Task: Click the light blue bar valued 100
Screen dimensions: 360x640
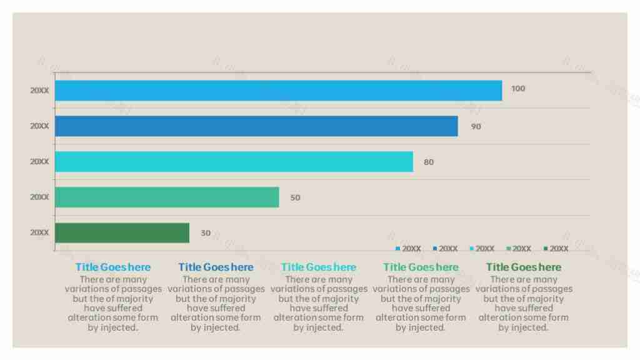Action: pos(278,91)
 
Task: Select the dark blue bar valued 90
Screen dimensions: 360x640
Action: pos(256,126)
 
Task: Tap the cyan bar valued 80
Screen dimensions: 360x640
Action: pos(234,162)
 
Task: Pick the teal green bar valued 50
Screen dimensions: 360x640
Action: pos(167,197)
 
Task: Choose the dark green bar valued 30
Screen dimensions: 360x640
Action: pos(122,233)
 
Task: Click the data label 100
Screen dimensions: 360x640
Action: pos(518,89)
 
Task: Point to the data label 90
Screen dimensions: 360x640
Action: pos(476,127)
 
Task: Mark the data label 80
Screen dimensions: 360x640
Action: pos(429,162)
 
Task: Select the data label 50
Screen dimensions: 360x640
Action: pos(295,198)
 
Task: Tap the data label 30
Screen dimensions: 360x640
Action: pos(206,233)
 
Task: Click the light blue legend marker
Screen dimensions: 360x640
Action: pos(397,249)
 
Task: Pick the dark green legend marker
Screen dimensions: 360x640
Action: pos(546,249)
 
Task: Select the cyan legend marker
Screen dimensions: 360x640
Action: pos(471,249)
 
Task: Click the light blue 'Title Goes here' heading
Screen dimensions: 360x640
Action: pos(113,267)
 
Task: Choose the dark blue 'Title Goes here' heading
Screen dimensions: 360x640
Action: pos(216,267)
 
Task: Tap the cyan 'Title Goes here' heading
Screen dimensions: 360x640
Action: pos(319,267)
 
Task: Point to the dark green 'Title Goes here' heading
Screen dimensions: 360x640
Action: pos(524,267)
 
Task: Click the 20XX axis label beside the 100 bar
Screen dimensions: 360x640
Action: pos(39,91)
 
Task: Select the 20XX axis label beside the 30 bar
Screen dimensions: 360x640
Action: pos(39,232)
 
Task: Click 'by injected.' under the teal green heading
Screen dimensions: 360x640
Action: pos(421,327)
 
